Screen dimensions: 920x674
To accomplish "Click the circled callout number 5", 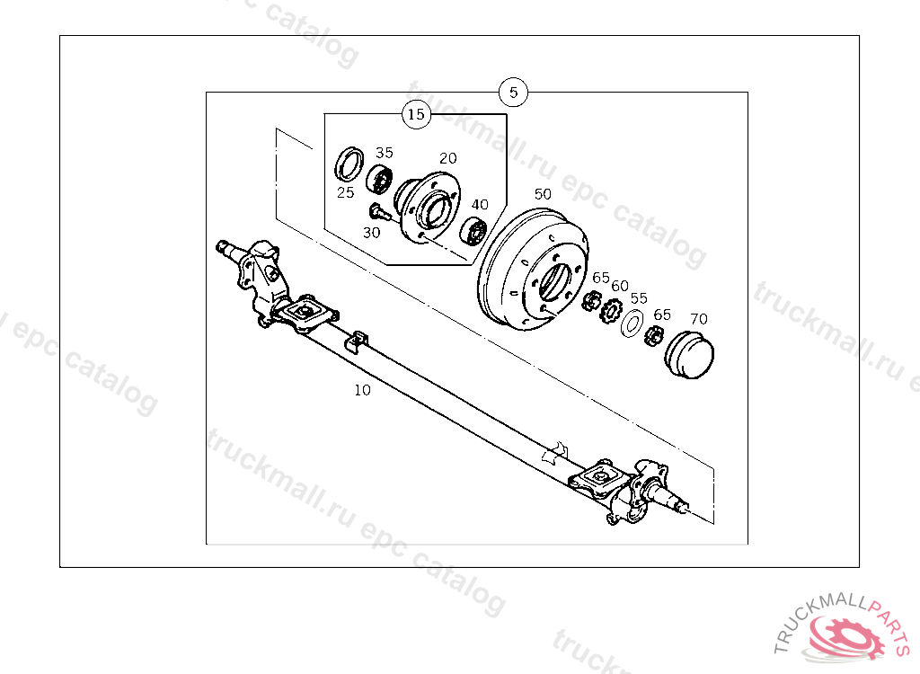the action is click(x=513, y=92).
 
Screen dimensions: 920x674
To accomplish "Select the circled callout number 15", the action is click(x=415, y=114).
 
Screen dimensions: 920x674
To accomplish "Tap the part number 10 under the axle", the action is click(x=362, y=390).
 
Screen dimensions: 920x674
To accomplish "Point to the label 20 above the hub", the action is click(x=448, y=158).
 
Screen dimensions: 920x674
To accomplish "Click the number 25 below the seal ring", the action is click(x=346, y=192).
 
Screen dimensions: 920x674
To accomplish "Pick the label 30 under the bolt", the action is click(x=372, y=232).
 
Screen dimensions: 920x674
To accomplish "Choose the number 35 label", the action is click(x=385, y=153).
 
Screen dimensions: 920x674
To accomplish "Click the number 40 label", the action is click(x=481, y=204).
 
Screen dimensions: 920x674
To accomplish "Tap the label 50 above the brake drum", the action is click(x=543, y=193).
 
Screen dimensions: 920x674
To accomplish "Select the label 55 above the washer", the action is click(x=639, y=298).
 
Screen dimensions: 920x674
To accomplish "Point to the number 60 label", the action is click(x=620, y=286).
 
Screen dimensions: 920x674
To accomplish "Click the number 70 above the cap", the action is click(x=698, y=318).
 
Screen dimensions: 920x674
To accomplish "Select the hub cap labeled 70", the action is click(x=687, y=356).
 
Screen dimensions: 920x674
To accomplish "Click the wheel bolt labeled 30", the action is click(x=377, y=212).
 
